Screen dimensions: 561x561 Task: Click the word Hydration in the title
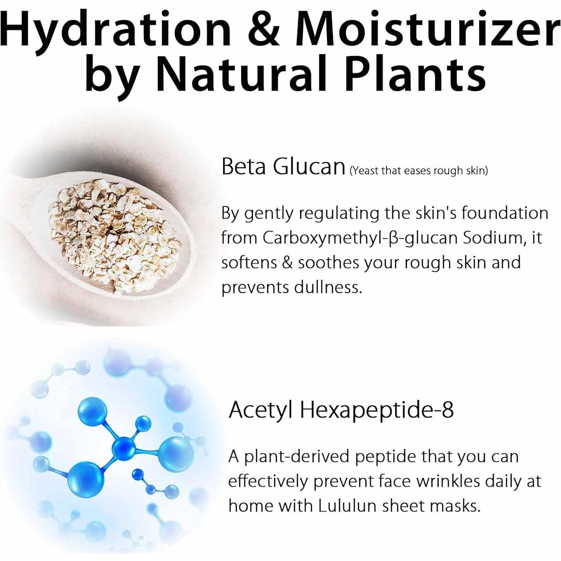(117, 30)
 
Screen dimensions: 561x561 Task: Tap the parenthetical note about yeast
(418, 171)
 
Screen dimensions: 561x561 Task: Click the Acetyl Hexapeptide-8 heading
(341, 410)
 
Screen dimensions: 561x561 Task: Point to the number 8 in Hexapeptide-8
(447, 410)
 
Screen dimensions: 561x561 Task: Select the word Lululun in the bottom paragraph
(347, 506)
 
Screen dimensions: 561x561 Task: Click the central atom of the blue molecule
(125, 447)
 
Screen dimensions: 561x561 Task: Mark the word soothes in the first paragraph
(330, 263)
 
